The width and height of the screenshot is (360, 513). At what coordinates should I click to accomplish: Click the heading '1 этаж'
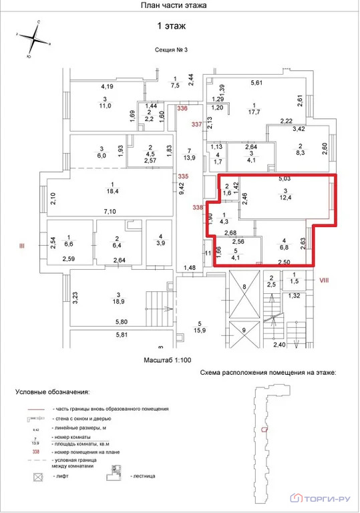pos(171,26)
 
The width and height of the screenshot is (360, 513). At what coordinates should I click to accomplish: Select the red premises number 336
pos(182,108)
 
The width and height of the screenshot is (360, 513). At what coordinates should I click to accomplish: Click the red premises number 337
pos(196,125)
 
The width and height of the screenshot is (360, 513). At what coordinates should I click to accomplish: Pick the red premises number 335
pos(182,176)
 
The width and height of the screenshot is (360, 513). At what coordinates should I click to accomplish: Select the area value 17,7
pos(254,112)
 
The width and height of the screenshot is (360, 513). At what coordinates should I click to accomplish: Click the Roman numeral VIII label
pos(326,279)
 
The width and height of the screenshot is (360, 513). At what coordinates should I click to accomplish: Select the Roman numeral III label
pos(21,246)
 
